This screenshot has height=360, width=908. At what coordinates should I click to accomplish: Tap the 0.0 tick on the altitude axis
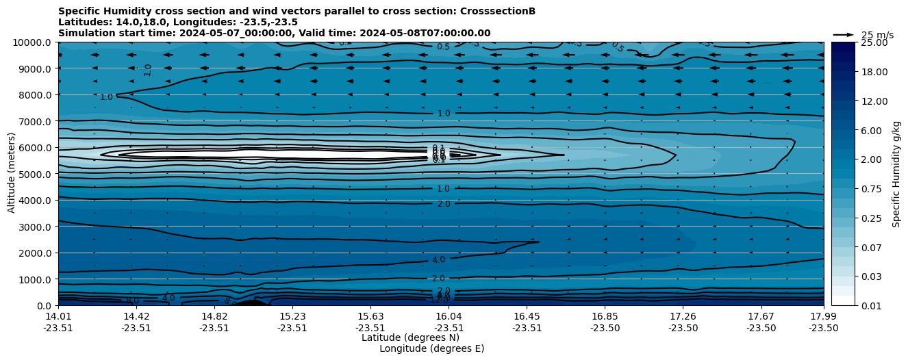[x=44, y=305]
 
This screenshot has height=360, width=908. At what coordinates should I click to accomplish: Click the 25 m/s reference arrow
[x=844, y=35]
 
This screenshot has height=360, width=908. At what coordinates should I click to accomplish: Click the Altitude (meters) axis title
[x=12, y=174]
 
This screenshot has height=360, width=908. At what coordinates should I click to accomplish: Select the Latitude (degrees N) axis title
[x=410, y=337]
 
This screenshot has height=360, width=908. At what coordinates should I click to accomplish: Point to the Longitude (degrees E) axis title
[x=431, y=348]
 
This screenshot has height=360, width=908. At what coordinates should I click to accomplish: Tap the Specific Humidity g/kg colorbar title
[x=896, y=174]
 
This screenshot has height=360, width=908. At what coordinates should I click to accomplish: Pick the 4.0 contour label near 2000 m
[x=438, y=260]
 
